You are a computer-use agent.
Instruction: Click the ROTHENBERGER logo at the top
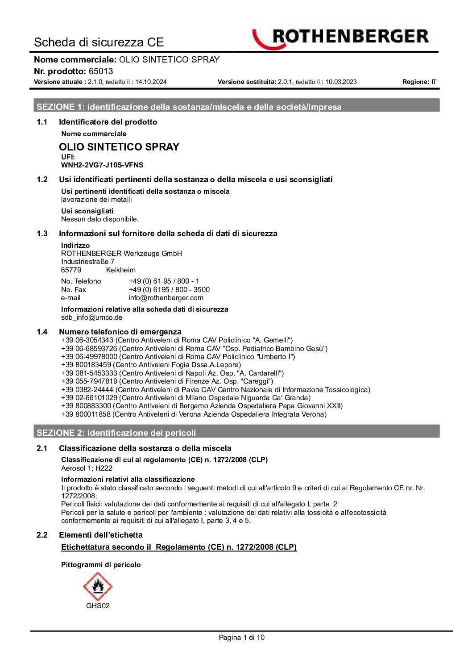coord(340,38)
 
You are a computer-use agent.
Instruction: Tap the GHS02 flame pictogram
coord(98,586)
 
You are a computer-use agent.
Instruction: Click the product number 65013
coord(101,71)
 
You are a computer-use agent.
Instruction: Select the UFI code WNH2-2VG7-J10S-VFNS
coord(102,165)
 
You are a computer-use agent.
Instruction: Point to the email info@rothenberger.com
coord(166,298)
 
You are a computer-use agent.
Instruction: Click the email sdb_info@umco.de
coord(91,317)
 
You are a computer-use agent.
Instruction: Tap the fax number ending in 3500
coord(169,289)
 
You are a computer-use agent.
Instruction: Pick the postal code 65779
coord(71,270)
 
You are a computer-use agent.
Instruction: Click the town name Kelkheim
coord(121,270)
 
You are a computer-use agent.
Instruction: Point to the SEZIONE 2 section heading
coord(116,433)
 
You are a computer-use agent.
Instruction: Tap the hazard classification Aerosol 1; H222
coord(87,468)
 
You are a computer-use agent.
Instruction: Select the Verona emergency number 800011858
coord(86,414)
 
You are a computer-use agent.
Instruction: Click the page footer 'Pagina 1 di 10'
coord(241,638)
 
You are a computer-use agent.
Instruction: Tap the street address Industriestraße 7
coord(88,262)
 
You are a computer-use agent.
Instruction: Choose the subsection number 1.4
coord(42,332)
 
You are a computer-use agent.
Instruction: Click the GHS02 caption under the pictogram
coord(98,606)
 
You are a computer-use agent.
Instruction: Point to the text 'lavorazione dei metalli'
coord(96,200)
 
